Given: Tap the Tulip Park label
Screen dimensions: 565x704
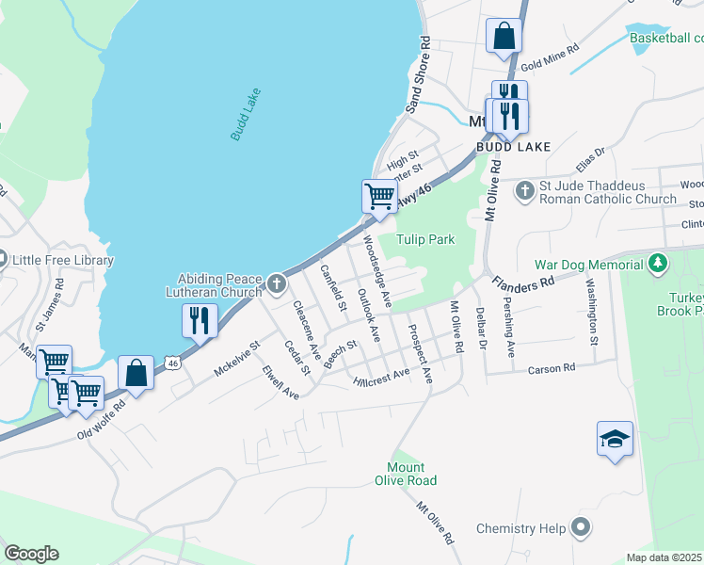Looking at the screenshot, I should (x=425, y=240).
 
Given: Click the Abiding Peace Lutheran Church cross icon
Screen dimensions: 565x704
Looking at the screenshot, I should (x=276, y=282).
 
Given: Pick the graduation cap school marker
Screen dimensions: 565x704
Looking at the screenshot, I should (x=615, y=439).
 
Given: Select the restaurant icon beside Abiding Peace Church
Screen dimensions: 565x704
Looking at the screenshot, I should (x=200, y=320).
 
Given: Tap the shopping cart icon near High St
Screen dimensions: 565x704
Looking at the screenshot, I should (x=379, y=196).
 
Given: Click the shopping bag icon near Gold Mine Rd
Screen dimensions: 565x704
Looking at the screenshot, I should (x=504, y=36).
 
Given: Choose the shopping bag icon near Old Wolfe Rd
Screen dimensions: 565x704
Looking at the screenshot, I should (x=136, y=372).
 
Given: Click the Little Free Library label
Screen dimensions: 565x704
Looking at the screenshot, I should (x=62, y=260).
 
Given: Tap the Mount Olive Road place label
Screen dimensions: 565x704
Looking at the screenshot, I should (x=410, y=474).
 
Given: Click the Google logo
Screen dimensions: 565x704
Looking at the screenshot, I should (x=31, y=554).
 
